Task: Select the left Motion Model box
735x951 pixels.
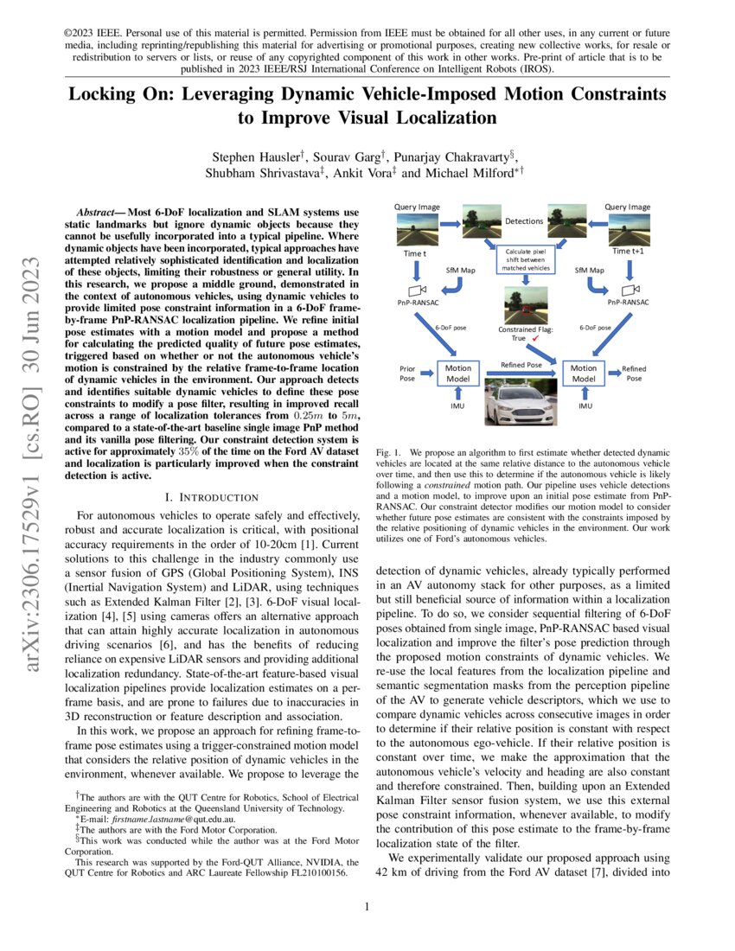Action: [x=457, y=373]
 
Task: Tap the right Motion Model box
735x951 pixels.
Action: [x=584, y=373]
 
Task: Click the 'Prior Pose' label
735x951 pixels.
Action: [x=407, y=373]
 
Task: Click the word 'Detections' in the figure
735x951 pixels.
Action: [x=525, y=221]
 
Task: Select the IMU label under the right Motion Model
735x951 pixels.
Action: [x=585, y=405]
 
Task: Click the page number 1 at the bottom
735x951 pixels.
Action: [x=367, y=907]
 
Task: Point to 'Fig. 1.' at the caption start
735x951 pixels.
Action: [x=390, y=452]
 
